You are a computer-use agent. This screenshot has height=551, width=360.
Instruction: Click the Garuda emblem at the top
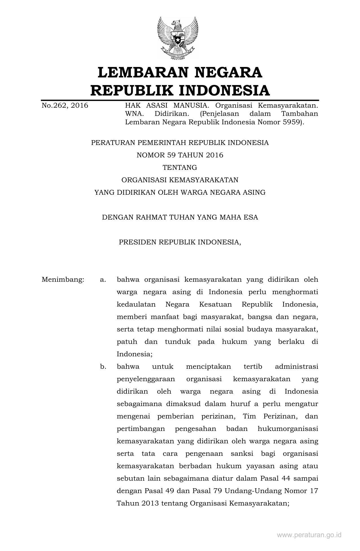pyautogui.click(x=178, y=38)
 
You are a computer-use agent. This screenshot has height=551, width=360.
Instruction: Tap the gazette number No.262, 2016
pyautogui.click(x=65, y=106)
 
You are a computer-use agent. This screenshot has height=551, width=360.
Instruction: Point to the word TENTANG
pyautogui.click(x=180, y=168)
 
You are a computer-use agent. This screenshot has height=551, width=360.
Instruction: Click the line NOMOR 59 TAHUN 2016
pyautogui.click(x=180, y=155)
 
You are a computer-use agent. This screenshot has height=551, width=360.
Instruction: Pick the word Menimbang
pyautogui.click(x=63, y=280)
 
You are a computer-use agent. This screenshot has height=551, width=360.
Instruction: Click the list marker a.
pyautogui.click(x=103, y=280)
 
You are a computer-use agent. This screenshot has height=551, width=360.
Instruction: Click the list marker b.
pyautogui.click(x=103, y=367)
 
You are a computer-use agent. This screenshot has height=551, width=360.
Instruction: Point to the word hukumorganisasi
pyautogui.click(x=288, y=429)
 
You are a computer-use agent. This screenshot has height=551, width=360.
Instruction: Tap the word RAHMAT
pyautogui.click(x=151, y=217)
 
